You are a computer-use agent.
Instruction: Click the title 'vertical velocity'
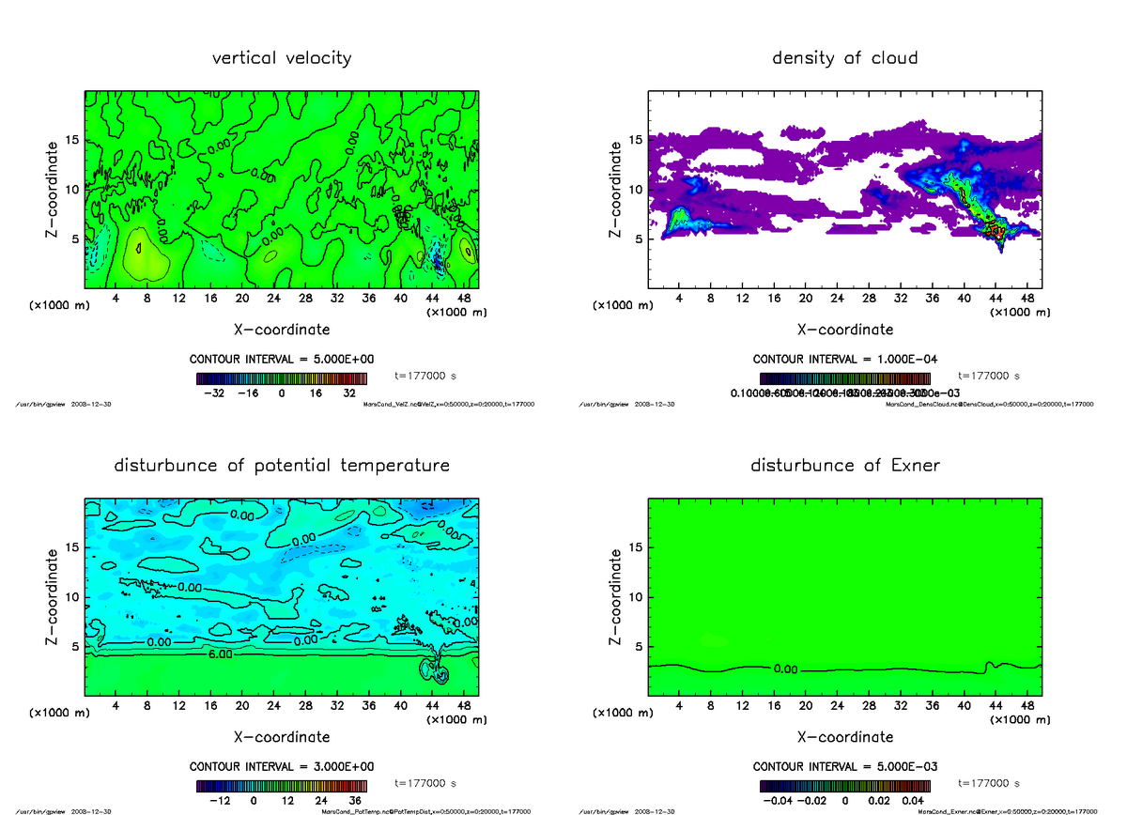(282, 58)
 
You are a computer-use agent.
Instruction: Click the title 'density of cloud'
(844, 58)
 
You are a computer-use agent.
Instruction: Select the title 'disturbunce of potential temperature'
(282, 466)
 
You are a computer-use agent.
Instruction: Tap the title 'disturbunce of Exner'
(844, 466)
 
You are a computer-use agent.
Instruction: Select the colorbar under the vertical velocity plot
(282, 379)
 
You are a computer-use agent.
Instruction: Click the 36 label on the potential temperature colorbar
(355, 801)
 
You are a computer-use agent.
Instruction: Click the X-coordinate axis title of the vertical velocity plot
(282, 330)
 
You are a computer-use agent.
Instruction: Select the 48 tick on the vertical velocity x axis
(463, 298)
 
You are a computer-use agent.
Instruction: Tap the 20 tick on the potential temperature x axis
(242, 705)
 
